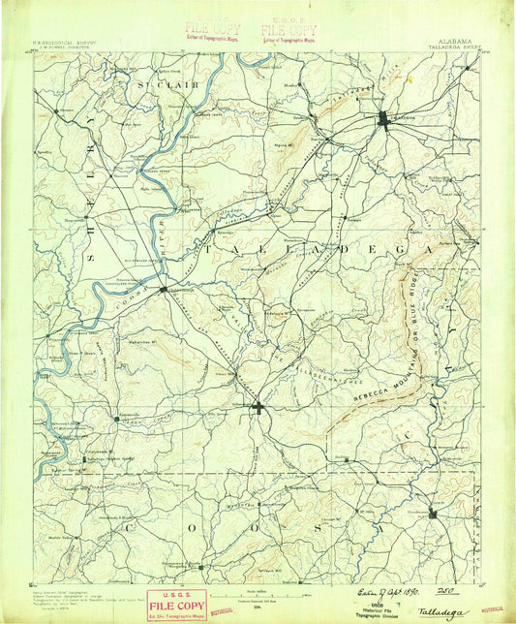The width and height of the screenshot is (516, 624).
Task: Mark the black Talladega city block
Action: pos(384,119)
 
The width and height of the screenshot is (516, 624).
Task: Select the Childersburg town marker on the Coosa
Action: pos(163,289)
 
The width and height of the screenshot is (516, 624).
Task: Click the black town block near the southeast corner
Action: pos(432,511)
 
